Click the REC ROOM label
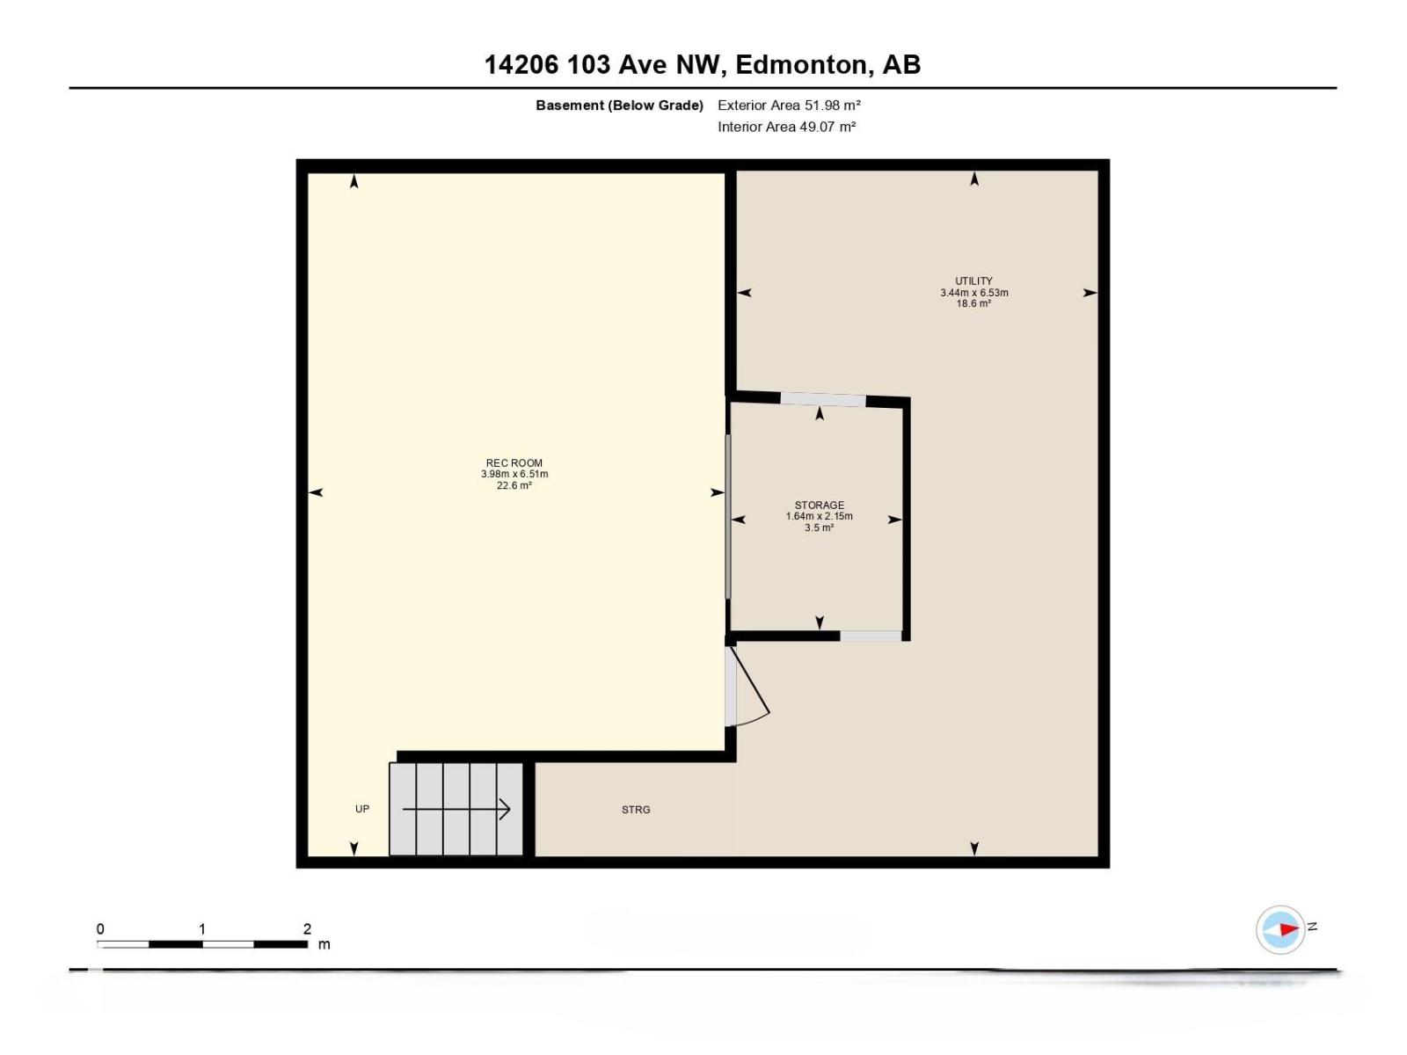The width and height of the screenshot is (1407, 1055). click(514, 462)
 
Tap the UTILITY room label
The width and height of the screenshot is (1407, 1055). click(973, 281)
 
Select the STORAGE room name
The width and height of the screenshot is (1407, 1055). click(819, 506)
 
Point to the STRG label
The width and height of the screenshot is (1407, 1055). click(636, 810)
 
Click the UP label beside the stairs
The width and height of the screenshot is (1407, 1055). click(362, 809)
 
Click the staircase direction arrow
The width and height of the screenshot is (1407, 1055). click(456, 809)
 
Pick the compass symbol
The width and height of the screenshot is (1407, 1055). click(1280, 929)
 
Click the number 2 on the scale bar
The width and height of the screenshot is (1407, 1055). click(307, 929)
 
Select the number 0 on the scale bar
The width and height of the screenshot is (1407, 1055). click(100, 929)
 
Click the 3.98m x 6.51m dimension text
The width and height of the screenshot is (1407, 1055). click(514, 474)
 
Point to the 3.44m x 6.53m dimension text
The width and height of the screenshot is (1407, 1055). click(973, 293)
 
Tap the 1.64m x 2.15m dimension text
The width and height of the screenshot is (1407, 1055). click(819, 517)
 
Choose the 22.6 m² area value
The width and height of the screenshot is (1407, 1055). click(514, 485)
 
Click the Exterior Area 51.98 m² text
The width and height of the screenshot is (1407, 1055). click(789, 105)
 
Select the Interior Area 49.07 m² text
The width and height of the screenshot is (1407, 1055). click(786, 127)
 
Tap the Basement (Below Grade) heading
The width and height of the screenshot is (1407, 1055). click(619, 105)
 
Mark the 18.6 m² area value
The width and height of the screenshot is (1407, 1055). click(973, 304)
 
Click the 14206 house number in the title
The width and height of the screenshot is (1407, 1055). click(521, 64)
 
